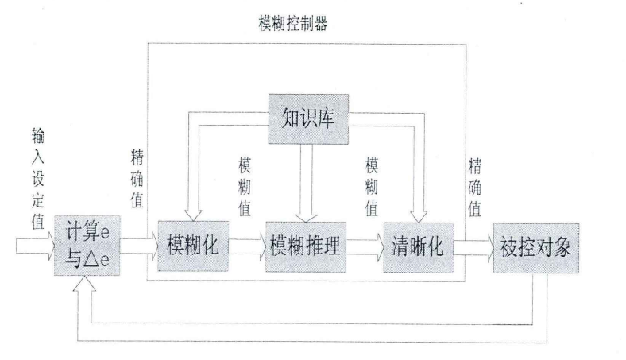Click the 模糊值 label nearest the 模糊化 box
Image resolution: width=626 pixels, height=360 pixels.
pyautogui.click(x=243, y=186)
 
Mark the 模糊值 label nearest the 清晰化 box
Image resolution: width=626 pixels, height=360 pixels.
pyautogui.click(x=371, y=186)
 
